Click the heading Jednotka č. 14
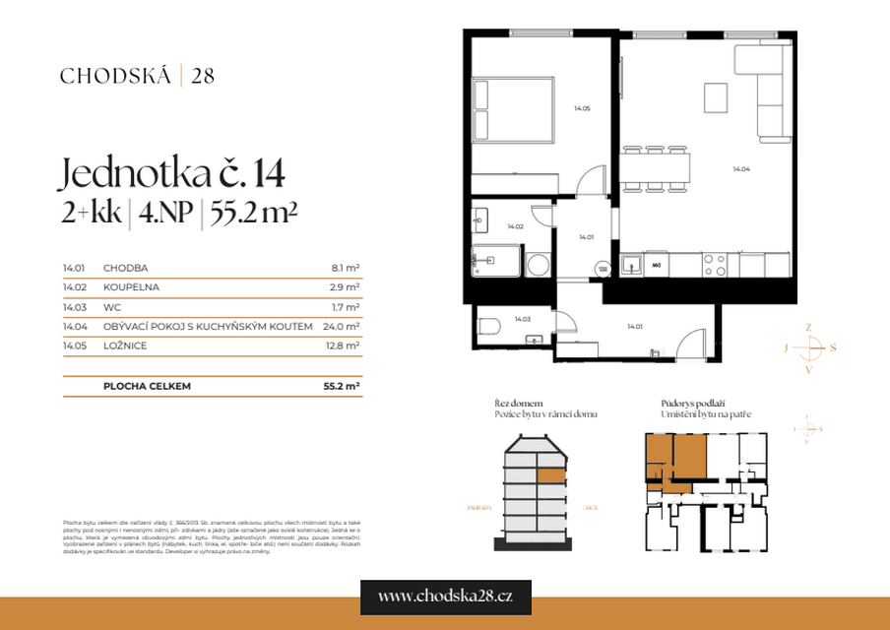pos(172,173)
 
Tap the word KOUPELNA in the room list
pos(131,286)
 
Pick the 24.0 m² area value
pos(341,326)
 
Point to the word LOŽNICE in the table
pos(125,346)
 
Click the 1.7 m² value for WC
pos(345,306)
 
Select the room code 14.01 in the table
pos(74,267)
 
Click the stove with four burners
pos(714,264)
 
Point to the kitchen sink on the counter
pos(630,264)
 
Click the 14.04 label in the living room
pos(741,169)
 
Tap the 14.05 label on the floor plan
pos(582,108)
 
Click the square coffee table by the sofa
pos(716,97)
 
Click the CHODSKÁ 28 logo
pos(137,75)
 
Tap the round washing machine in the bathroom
pos(539,265)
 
